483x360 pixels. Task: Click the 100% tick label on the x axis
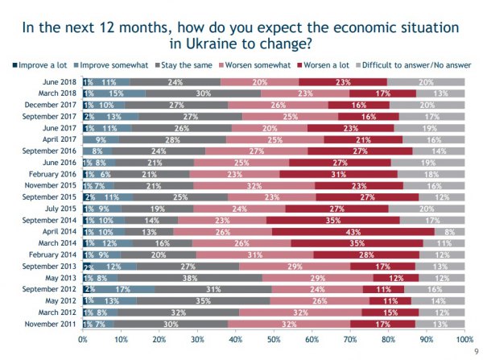[x=463, y=341]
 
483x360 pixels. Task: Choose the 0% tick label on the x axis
[x=83, y=341]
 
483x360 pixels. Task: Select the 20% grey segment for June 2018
[x=426, y=81]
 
